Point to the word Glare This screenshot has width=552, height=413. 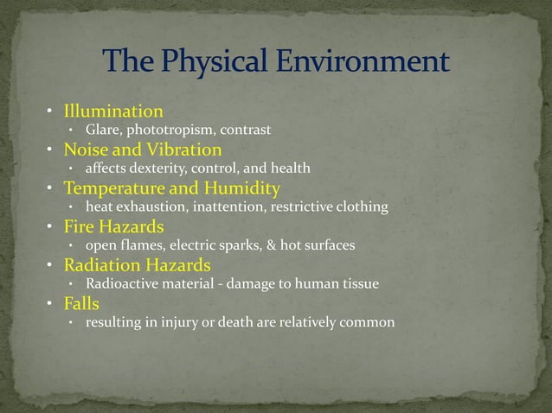point(102,130)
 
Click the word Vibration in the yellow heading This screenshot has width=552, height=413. point(184,149)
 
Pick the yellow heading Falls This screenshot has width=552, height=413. point(82,302)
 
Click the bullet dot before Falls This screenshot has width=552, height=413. point(51,303)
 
